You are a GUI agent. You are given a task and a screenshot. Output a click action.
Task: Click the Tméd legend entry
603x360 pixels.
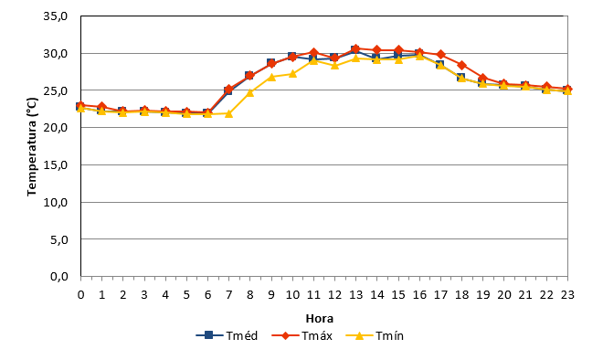[227, 335]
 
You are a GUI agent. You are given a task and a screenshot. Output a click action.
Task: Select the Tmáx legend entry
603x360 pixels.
[301, 335]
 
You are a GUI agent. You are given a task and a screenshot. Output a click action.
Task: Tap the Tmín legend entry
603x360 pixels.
[375, 335]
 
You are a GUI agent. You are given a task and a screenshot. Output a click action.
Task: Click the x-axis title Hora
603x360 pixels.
[320, 319]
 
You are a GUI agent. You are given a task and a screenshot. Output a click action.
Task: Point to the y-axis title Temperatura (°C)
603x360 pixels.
[32, 146]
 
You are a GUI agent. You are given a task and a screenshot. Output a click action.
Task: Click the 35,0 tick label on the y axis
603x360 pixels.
[56, 16]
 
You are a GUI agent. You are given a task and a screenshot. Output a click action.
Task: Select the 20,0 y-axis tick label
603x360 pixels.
[56, 127]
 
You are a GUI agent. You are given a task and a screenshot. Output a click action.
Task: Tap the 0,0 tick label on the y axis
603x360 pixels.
[59, 276]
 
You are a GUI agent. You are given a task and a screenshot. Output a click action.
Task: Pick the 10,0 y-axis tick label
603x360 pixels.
[56, 202]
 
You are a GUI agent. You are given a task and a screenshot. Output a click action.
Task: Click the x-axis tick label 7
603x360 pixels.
[228, 295]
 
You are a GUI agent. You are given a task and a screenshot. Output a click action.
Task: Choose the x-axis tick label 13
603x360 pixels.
[355, 295]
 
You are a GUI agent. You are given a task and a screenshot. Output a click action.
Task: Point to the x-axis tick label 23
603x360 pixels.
[567, 295]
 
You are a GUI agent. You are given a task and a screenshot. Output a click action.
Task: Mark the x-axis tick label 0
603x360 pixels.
[80, 295]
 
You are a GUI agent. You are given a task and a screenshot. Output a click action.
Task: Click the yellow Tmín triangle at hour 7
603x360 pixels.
[228, 113]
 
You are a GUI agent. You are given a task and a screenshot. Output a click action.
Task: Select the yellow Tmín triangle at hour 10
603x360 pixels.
[292, 73]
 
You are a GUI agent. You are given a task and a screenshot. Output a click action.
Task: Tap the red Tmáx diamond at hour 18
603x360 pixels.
[462, 65]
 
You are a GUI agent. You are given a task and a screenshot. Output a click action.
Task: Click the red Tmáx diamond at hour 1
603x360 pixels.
[102, 107]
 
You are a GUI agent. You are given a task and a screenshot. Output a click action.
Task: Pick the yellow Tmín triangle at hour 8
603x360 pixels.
[250, 92]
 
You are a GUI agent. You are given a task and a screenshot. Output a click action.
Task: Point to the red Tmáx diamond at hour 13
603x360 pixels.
[355, 48]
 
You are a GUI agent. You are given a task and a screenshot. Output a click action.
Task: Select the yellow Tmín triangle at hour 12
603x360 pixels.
[334, 65]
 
